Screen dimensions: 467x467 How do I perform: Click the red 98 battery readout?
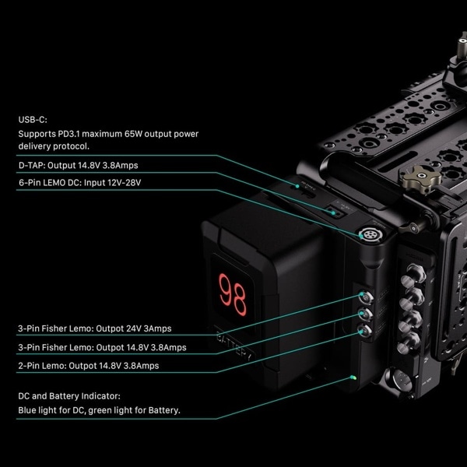tap(233, 294)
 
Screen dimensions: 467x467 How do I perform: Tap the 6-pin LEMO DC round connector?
tap(370, 235)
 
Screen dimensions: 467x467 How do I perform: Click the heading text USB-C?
tap(33, 120)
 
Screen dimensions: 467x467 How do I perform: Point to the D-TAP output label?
tap(78, 165)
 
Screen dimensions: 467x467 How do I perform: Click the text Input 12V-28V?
tap(112, 183)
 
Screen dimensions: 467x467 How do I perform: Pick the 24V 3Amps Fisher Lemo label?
tap(95, 328)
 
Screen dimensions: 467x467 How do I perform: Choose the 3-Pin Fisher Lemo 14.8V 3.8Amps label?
tap(102, 347)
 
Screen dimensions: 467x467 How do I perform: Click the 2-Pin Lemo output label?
tap(89, 366)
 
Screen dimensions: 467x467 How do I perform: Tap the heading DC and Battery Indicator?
tap(69, 396)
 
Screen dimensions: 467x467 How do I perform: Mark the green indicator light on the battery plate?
tap(353, 377)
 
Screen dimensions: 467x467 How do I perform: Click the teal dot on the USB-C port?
tap(297, 186)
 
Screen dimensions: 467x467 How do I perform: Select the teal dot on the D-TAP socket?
tap(334, 213)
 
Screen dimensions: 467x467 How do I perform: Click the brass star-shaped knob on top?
tap(422, 179)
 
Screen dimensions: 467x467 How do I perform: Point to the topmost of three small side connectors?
tap(366, 297)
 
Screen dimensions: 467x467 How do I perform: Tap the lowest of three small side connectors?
tap(365, 331)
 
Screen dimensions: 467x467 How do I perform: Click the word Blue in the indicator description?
tap(26, 410)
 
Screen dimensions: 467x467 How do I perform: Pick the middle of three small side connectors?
tap(366, 314)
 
